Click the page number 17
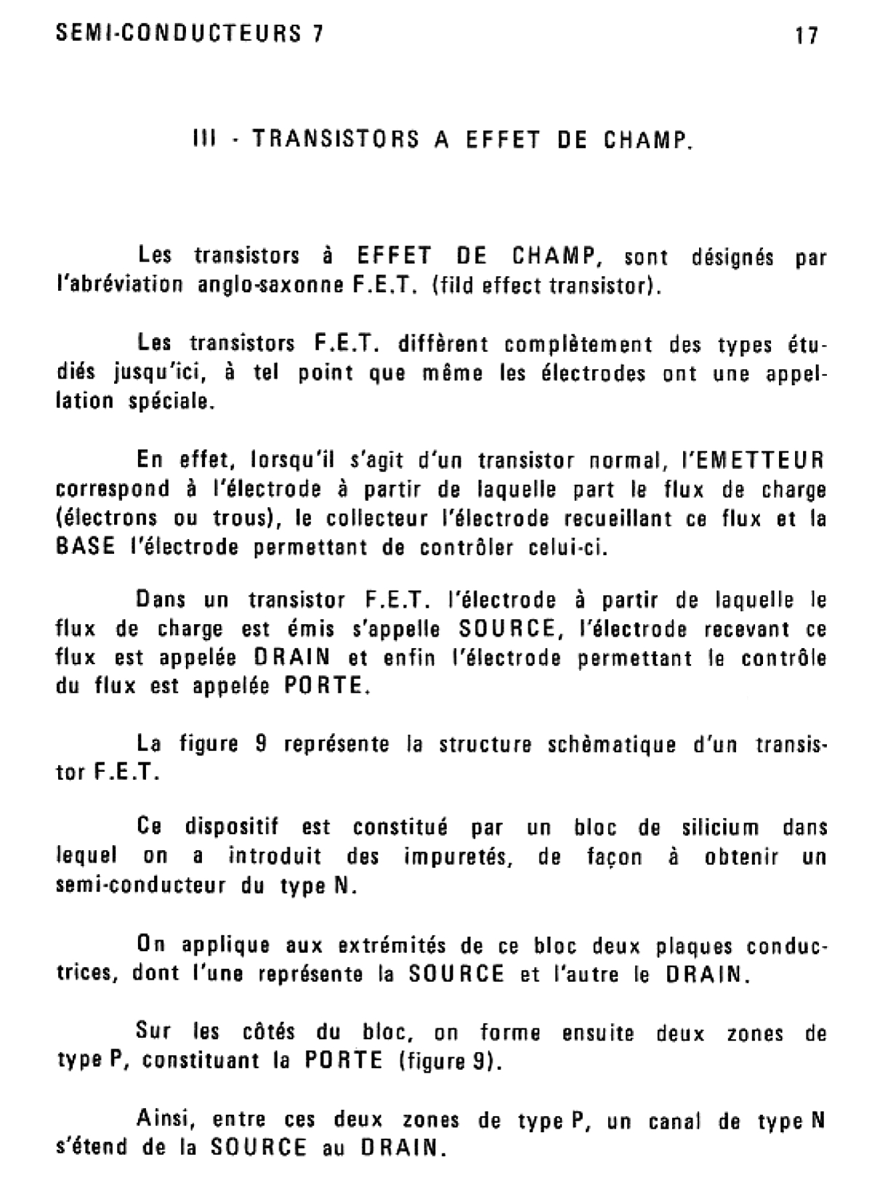click(807, 35)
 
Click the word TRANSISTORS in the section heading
click(335, 139)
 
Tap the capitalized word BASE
click(86, 547)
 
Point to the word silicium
click(720, 828)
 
